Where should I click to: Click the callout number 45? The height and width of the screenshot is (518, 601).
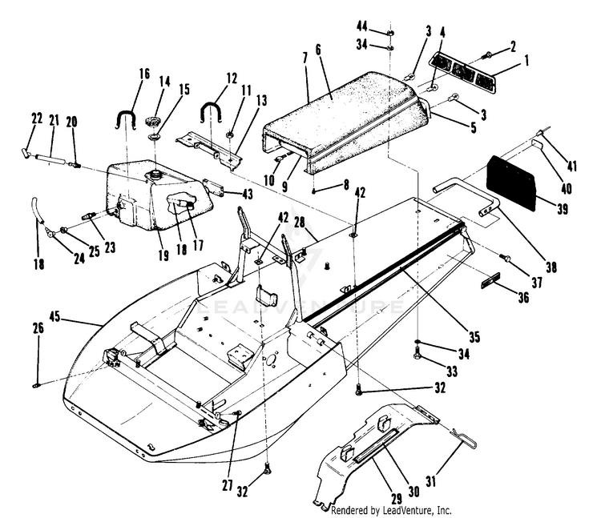click(55, 317)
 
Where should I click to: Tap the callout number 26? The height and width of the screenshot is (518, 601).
click(38, 328)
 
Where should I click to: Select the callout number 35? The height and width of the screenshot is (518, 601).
click(474, 337)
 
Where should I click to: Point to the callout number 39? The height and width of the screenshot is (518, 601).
click(563, 209)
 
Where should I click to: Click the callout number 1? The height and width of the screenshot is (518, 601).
click(526, 60)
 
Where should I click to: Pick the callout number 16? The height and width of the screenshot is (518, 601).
click(144, 74)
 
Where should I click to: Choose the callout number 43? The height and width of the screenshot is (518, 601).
click(248, 194)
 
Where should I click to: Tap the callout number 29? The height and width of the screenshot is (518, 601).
click(397, 499)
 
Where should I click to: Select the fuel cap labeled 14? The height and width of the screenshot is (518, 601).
click(151, 122)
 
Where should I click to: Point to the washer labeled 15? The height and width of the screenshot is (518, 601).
click(155, 137)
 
